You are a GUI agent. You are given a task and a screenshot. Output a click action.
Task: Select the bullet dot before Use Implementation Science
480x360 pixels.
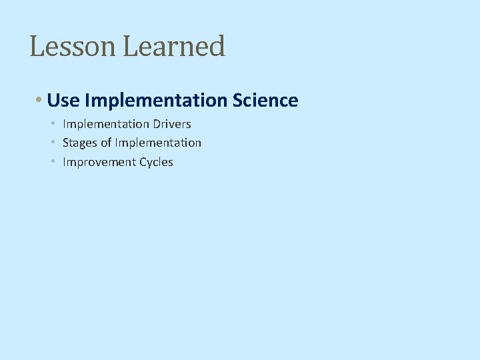(40, 101)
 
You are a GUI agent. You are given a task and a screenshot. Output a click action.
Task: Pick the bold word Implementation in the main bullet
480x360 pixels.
(157, 101)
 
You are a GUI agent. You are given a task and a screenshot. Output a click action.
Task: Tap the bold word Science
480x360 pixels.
(265, 101)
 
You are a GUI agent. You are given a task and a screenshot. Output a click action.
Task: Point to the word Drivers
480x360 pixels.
(172, 124)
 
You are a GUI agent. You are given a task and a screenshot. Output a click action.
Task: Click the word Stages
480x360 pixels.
(80, 143)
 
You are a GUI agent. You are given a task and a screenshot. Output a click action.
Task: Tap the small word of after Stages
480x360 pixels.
(106, 143)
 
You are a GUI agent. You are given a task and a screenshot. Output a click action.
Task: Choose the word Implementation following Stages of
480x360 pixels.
(158, 143)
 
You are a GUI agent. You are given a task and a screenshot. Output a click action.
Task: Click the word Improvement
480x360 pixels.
(99, 162)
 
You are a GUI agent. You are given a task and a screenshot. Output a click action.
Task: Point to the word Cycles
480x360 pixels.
(157, 162)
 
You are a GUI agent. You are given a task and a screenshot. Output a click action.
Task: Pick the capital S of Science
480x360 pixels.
(238, 101)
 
